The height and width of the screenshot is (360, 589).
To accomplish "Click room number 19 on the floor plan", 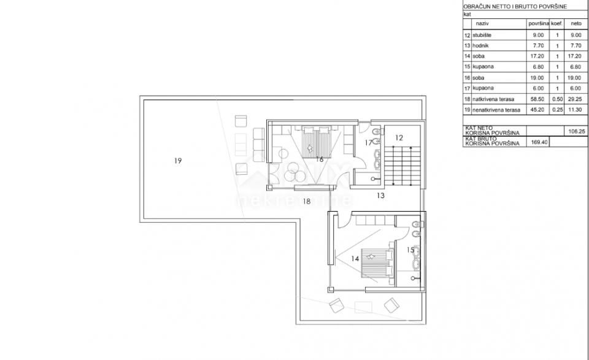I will coord(177,161).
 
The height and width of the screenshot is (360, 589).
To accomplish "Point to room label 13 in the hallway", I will coord(380,196).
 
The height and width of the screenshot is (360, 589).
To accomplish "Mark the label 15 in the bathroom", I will coord(411,250).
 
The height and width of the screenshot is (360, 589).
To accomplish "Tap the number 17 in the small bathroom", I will coord(368,142).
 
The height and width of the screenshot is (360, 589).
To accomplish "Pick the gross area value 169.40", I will coord(541,142).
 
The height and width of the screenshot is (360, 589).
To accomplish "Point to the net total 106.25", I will coord(576,130).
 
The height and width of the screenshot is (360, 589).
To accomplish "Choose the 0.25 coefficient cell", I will coord(556,110).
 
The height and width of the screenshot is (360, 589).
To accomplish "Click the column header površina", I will coord(537,24).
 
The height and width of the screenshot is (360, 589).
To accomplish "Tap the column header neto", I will coord(576,24).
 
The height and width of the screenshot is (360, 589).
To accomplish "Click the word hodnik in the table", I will coord(481,45).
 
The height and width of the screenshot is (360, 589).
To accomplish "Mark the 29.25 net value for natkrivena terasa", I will coord(576,98).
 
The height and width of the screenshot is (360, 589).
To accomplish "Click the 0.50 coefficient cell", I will coord(556,98).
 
